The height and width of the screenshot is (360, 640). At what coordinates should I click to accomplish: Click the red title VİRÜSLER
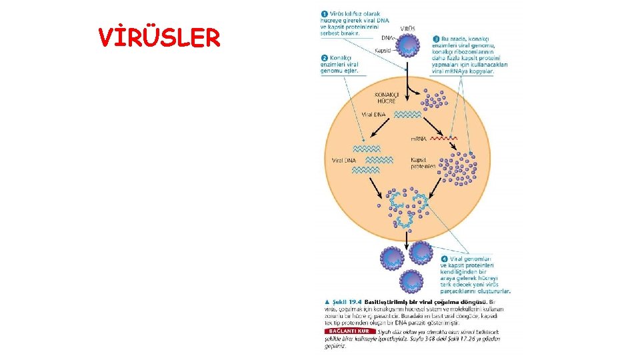click(159, 39)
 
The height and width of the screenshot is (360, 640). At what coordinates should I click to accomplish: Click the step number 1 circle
click(324, 13)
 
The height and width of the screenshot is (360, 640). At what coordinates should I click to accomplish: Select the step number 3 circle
click(436, 39)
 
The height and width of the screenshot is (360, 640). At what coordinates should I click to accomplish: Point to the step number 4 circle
click(444, 259)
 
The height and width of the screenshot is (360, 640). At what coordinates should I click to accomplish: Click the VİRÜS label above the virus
click(408, 28)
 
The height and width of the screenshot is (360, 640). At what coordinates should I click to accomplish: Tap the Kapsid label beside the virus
click(383, 50)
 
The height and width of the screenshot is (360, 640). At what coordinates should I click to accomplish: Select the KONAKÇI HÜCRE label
click(385, 97)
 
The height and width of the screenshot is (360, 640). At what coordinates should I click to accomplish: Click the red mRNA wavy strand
click(443, 139)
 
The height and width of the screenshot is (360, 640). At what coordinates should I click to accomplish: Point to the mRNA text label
click(419, 139)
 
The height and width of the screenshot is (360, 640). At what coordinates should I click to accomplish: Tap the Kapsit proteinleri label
click(423, 163)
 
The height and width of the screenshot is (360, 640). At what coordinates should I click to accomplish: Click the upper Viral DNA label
click(374, 115)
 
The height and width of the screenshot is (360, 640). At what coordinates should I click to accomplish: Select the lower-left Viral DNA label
click(344, 160)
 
